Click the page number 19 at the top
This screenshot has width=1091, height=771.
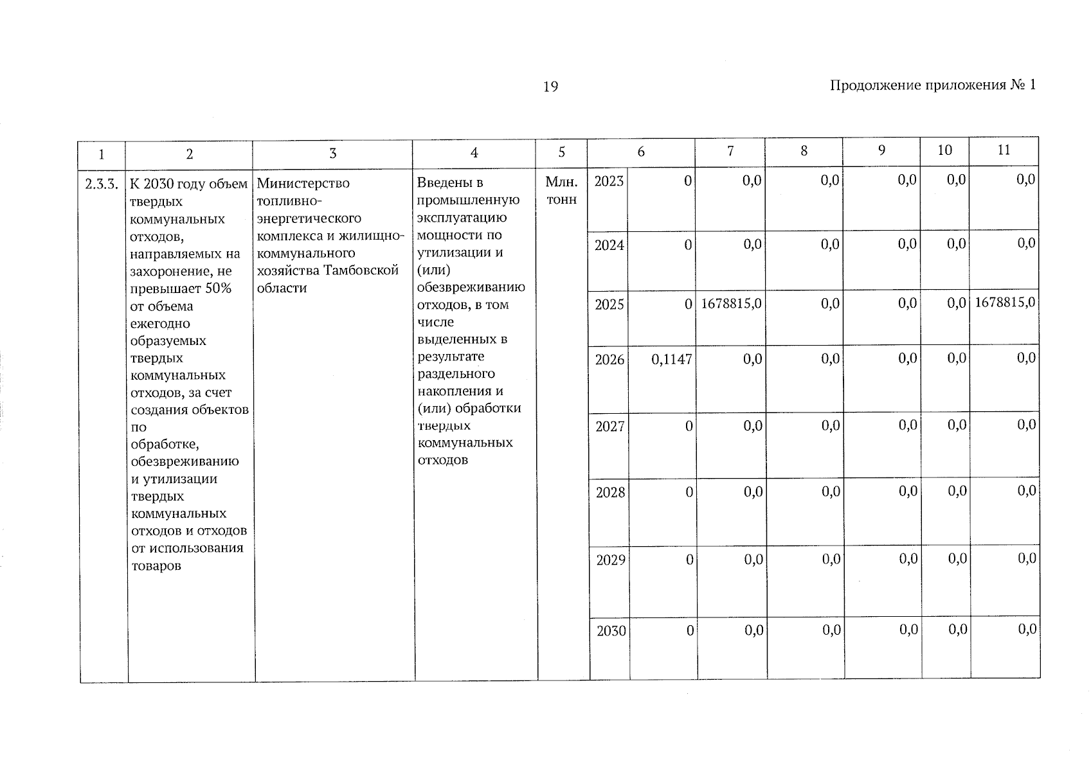pos(550,87)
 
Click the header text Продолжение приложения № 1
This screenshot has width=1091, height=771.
pos(932,85)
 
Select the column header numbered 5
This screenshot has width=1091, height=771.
pos(561,152)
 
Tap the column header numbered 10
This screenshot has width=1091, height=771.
pos(944,150)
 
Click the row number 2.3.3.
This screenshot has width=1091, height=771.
pos(101,185)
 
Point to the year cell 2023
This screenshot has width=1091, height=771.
pos(609,181)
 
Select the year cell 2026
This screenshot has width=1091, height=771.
pos(609,360)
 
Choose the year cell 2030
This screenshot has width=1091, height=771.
pos(611,631)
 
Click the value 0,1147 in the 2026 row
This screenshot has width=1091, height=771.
pos(671,360)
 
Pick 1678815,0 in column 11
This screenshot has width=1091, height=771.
pos(1005,303)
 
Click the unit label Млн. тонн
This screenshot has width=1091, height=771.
pos(561,191)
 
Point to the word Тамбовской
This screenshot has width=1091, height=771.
pos(361,270)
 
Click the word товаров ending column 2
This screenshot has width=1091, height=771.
pos(156,566)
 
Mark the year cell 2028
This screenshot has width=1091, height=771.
pos(610,493)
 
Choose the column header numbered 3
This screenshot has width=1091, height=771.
pos(332,153)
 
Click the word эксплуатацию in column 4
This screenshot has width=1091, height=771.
pos(462,218)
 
